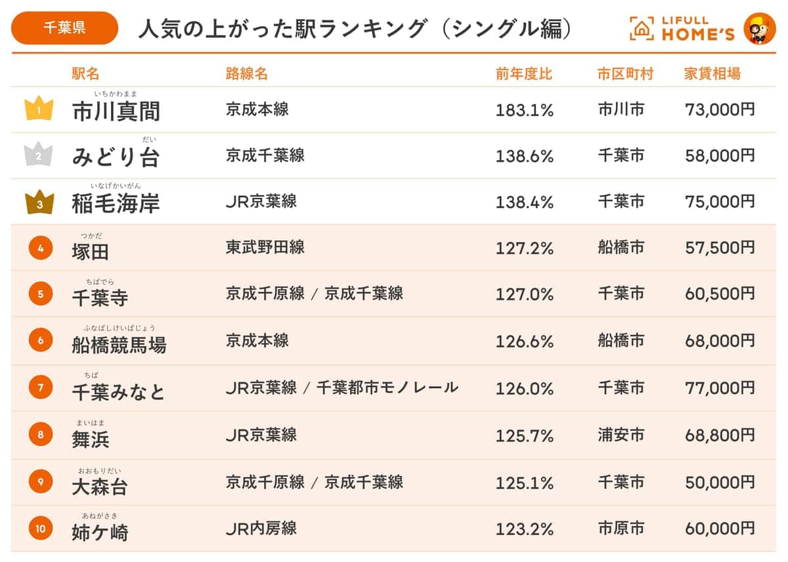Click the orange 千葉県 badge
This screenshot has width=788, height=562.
[x=64, y=28]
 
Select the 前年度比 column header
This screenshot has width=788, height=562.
[x=524, y=73]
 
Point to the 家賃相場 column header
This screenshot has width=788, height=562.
[x=712, y=73]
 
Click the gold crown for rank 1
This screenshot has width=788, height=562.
[x=39, y=109]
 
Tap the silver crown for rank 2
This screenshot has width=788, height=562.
[x=39, y=155]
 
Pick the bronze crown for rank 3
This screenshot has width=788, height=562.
[x=39, y=203]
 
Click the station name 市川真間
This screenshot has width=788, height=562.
[x=116, y=111]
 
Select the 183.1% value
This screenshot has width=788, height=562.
[x=524, y=110]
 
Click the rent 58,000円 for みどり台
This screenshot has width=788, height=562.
[x=720, y=156]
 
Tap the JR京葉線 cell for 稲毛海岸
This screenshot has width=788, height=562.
[x=261, y=202]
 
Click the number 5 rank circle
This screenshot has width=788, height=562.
[x=40, y=294]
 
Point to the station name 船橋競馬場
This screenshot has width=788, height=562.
[x=119, y=344]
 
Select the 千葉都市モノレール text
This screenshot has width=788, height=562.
[x=387, y=388]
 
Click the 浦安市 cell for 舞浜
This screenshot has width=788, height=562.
[x=621, y=435]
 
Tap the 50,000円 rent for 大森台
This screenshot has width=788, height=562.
[x=720, y=483]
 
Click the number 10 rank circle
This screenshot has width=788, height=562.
[x=40, y=529]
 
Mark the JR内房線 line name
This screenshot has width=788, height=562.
[x=261, y=529]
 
